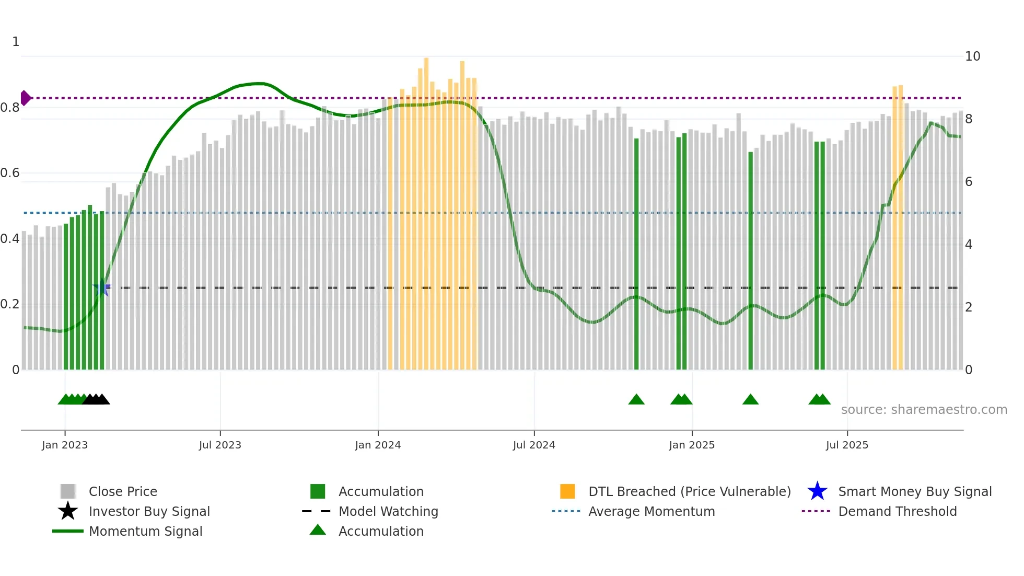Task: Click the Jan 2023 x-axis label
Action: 65,445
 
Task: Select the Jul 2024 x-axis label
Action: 534,445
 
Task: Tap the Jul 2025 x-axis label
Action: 847,445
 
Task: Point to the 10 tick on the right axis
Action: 972,56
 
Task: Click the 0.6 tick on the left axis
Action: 10,173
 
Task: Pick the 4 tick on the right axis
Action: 969,245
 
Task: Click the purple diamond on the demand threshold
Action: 26,98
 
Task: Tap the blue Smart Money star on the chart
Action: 101,287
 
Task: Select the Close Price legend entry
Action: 123,491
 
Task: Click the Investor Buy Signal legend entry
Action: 149,511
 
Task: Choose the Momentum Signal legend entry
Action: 145,531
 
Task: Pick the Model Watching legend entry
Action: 388,511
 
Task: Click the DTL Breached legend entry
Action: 689,491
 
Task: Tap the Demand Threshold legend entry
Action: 897,511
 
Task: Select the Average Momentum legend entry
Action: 651,511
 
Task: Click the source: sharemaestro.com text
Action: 924,410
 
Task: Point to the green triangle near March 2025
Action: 750,400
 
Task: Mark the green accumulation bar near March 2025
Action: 751,261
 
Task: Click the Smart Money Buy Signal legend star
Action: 817,491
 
